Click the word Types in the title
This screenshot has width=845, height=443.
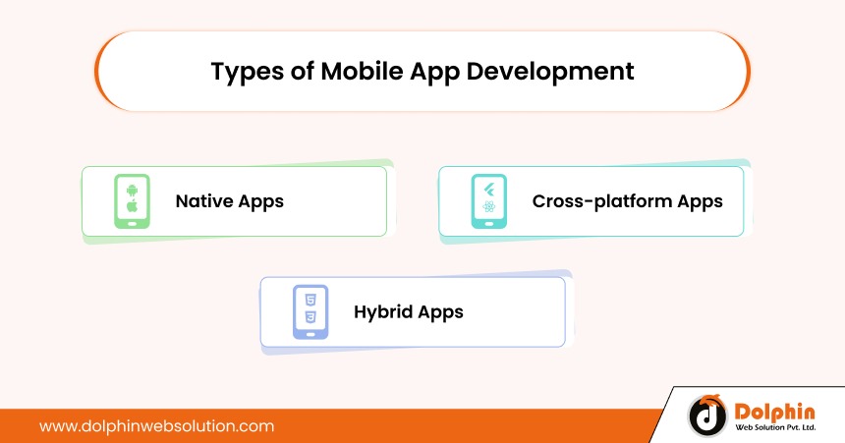point(248,73)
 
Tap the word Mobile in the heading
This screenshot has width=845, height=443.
point(362,71)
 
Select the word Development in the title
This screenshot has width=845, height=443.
point(550,73)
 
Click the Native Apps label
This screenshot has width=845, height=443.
point(230,201)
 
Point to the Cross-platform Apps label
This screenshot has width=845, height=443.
point(627,201)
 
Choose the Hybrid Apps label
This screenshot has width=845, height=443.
point(409,312)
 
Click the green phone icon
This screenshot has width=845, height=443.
point(132,201)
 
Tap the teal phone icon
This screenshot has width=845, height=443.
point(488,201)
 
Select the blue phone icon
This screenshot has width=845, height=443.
point(310,312)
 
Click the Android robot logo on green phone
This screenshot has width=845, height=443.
point(132,190)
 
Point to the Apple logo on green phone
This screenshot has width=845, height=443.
point(132,206)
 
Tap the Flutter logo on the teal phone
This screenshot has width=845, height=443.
point(488,190)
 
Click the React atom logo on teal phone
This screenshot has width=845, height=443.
point(488,206)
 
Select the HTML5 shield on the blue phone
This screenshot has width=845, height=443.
point(310,301)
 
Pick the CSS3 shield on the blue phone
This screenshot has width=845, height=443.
point(310,317)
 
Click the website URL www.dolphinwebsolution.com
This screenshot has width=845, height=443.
point(157,426)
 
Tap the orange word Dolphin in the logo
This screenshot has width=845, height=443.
point(774,413)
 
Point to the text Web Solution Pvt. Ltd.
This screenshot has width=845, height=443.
point(775,428)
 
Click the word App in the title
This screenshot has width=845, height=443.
point(434,73)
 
